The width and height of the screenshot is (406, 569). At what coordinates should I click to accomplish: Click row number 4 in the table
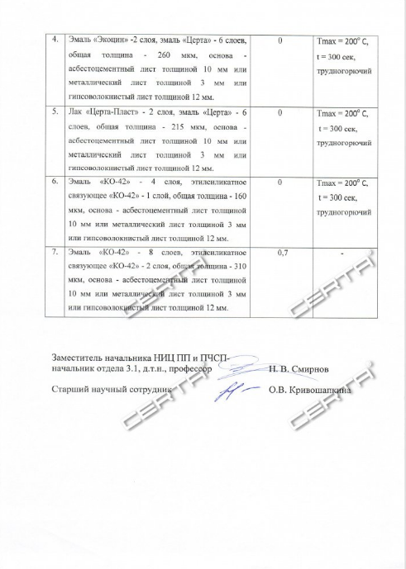click(x=55, y=40)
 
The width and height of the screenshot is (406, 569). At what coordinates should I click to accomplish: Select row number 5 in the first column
click(x=55, y=111)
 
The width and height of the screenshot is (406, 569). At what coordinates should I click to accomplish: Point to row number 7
click(x=55, y=253)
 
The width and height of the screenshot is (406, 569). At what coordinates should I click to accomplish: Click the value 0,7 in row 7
click(x=283, y=253)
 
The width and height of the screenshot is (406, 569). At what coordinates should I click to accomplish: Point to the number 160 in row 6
click(x=239, y=197)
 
